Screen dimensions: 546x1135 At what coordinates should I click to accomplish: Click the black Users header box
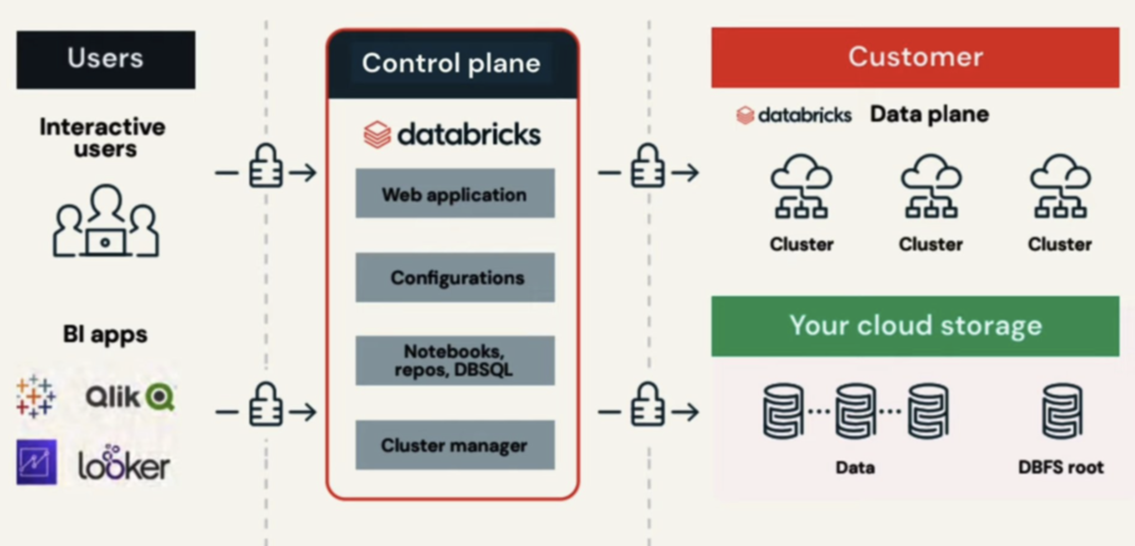click(105, 60)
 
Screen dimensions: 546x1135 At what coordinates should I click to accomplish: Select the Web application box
click(454, 194)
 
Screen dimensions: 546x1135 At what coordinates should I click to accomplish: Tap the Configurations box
click(454, 277)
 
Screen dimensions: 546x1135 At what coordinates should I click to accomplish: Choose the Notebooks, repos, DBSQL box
click(454, 360)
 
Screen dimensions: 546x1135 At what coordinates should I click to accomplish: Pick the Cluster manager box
click(454, 445)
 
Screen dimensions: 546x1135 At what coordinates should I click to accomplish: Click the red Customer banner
click(915, 58)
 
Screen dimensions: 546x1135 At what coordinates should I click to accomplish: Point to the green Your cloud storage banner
click(915, 326)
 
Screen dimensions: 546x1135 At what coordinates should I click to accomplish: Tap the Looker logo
click(124, 464)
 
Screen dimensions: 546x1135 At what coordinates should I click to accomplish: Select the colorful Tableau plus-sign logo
click(35, 396)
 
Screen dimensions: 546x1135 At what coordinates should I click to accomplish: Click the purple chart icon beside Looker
click(37, 462)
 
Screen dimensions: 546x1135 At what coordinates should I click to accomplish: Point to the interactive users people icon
click(105, 222)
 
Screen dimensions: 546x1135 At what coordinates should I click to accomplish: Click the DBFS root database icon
click(1061, 411)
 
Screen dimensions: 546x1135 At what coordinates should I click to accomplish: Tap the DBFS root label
click(1061, 467)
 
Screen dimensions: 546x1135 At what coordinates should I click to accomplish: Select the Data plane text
click(929, 115)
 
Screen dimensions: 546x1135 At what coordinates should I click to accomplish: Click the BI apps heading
click(105, 334)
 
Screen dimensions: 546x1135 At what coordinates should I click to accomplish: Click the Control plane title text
click(451, 63)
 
